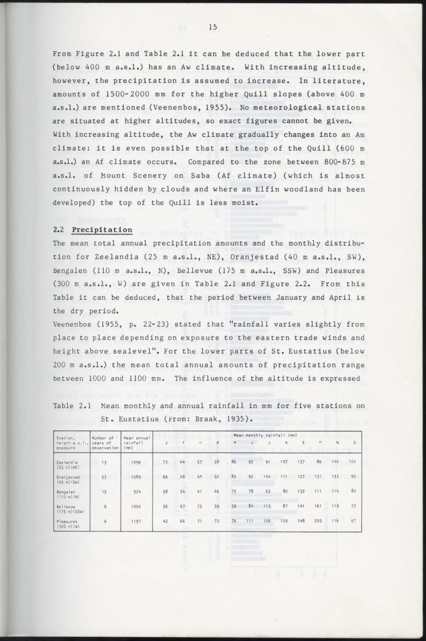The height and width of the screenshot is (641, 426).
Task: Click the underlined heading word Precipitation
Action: point(102,230)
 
